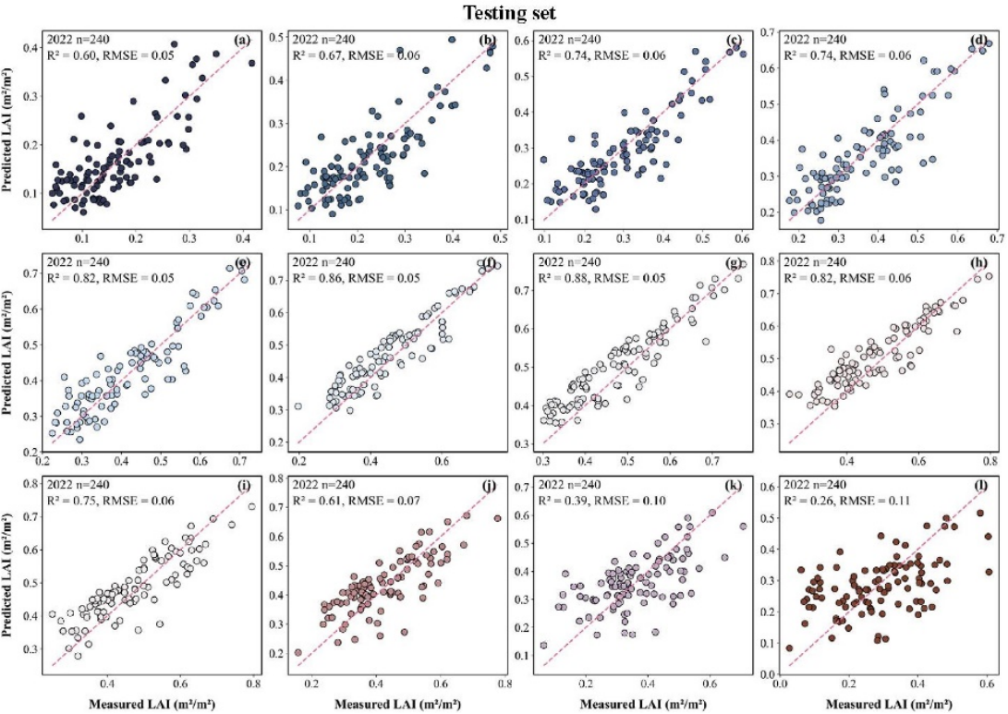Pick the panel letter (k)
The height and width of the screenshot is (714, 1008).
pyautogui.click(x=739, y=485)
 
